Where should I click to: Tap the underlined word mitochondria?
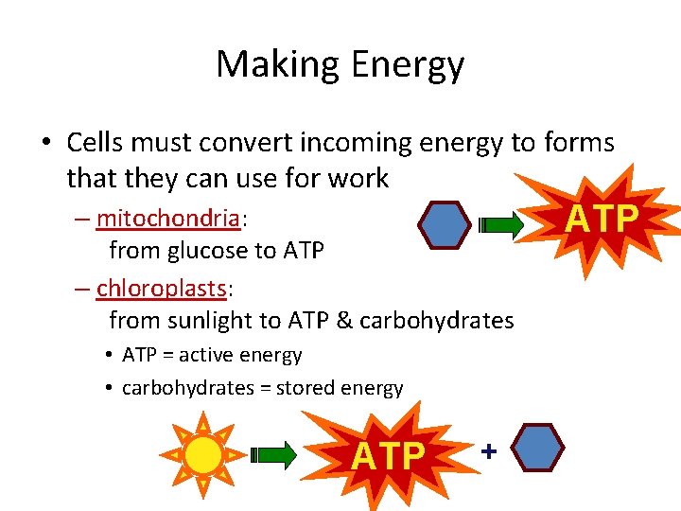coord(168,219)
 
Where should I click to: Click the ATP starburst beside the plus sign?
coord(389,455)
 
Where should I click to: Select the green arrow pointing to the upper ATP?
coord(501,225)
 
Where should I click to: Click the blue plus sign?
coord(488,451)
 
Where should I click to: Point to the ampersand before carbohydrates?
coord(343,320)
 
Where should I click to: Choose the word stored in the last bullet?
coord(306,388)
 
